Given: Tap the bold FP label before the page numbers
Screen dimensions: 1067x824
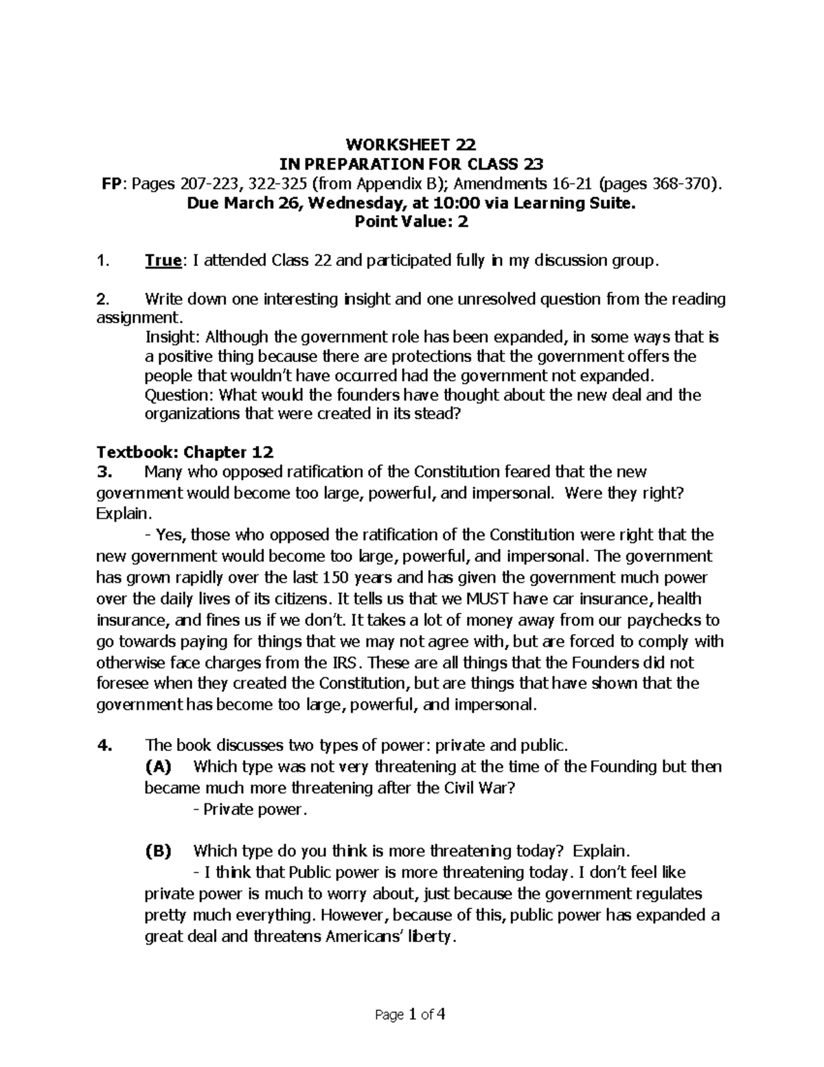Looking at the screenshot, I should (110, 183).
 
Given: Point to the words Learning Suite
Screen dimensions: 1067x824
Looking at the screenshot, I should (570, 203).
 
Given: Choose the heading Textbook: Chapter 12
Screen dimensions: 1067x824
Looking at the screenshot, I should (185, 453).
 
